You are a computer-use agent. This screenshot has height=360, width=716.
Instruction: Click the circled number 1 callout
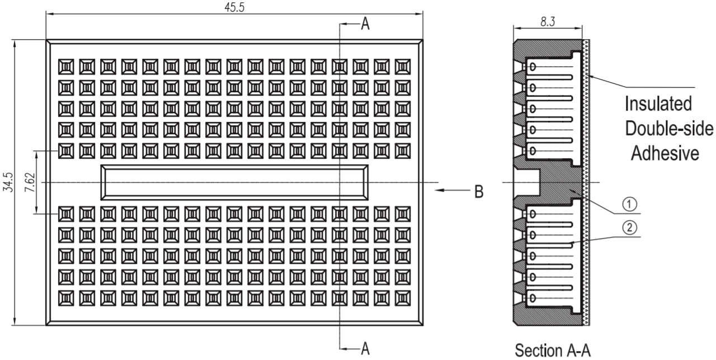[x=630, y=205]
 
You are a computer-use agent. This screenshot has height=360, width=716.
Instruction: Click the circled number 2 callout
[x=630, y=227]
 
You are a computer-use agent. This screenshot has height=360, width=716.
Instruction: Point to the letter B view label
[x=479, y=191]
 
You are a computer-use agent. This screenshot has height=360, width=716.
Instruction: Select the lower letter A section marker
[x=365, y=348]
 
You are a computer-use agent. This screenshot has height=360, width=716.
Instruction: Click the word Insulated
[x=657, y=105]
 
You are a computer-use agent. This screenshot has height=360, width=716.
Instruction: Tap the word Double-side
[x=669, y=129]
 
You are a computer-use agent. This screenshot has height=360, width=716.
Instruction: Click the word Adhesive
[x=665, y=153]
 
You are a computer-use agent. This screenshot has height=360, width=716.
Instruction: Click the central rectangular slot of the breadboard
[x=234, y=182]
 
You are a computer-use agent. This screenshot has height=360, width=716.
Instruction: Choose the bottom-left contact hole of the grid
[x=66, y=297]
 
